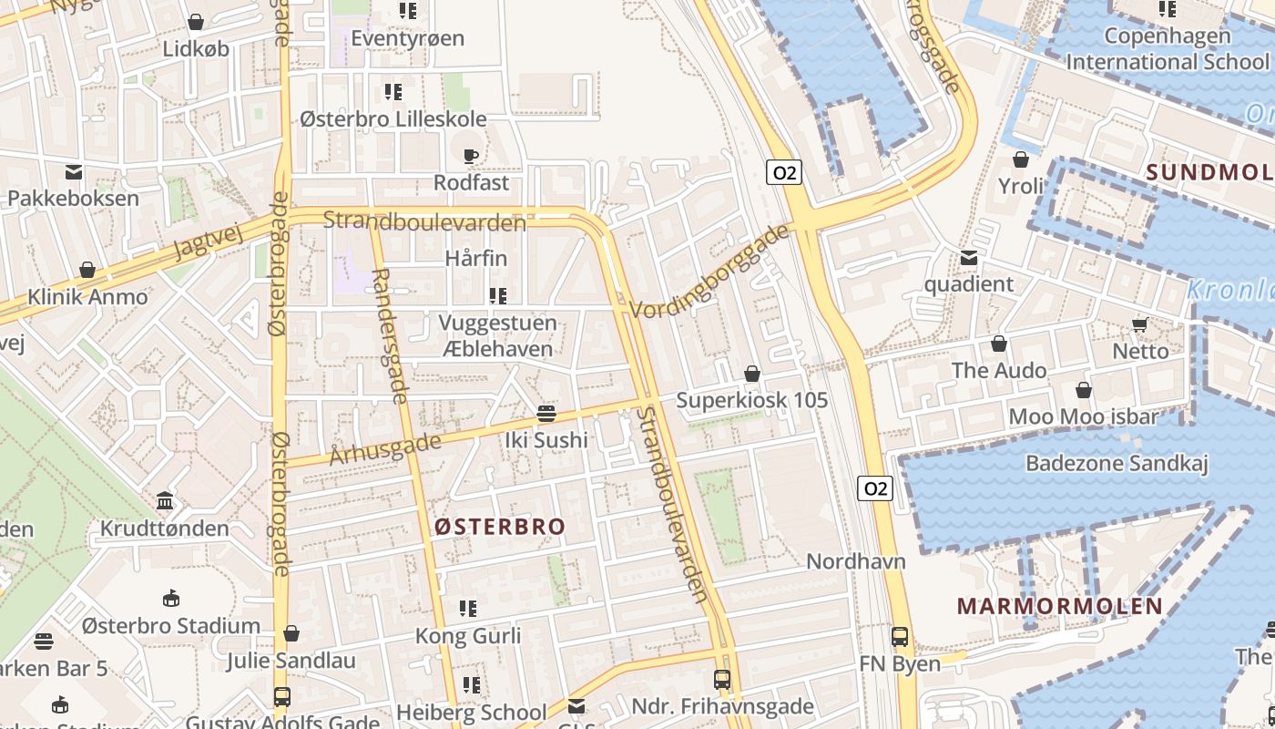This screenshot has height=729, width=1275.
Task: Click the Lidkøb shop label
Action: click(196, 48)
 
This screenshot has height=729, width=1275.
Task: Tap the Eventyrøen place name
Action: click(407, 38)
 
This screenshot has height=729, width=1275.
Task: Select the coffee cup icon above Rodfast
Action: click(471, 156)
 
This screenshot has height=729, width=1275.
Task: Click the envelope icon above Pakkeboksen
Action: click(74, 171)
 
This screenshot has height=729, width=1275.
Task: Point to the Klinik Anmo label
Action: click(87, 296)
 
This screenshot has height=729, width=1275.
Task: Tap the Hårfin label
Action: click(476, 259)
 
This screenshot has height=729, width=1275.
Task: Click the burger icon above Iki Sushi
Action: click(546, 414)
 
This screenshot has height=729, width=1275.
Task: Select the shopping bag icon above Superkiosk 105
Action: click(752, 374)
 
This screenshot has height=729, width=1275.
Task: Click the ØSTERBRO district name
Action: click(499, 527)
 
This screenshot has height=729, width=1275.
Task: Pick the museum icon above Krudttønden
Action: click(165, 501)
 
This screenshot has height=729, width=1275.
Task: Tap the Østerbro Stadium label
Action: click(171, 626)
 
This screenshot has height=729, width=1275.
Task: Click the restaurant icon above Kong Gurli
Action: click(468, 609)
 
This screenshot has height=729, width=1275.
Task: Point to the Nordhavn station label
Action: click(856, 560)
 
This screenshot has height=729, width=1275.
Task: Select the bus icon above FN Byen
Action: click(900, 637)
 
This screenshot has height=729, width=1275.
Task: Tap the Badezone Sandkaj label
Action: click(1117, 463)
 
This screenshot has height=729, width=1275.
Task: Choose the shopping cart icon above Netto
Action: click(1139, 324)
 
